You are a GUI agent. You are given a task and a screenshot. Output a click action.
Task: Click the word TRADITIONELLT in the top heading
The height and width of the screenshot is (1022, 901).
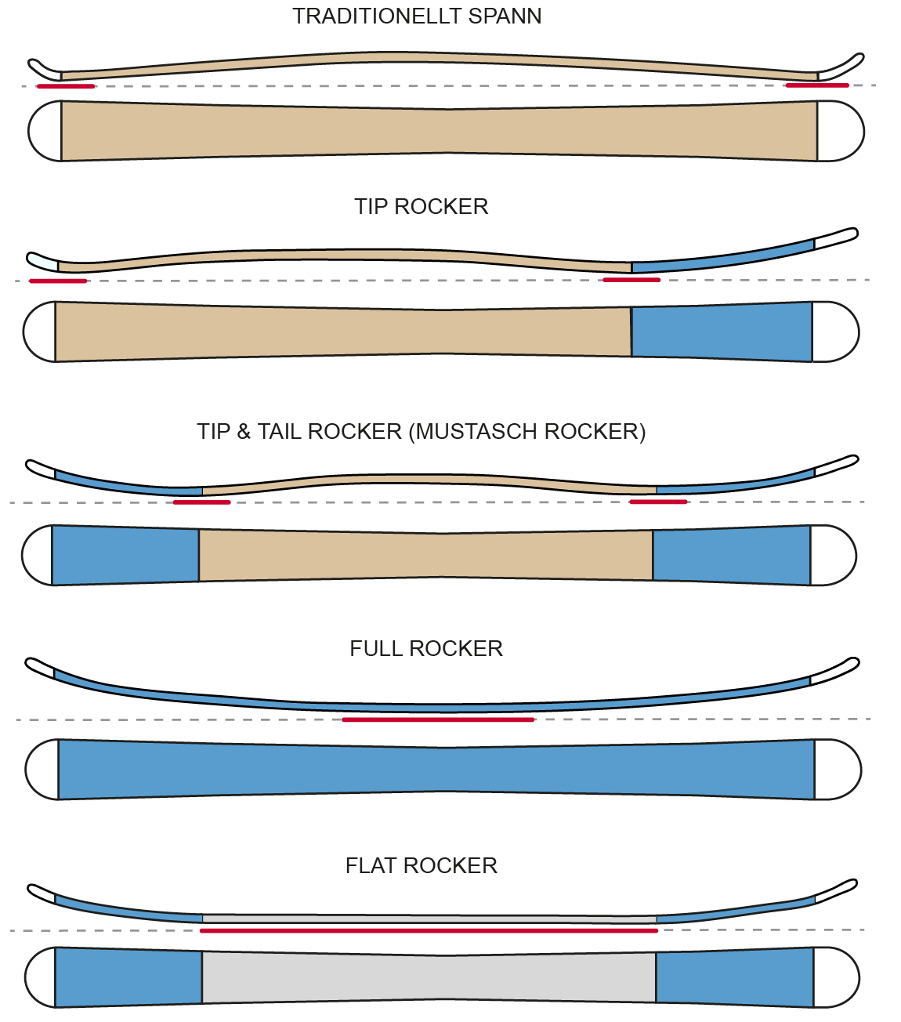point(377,16)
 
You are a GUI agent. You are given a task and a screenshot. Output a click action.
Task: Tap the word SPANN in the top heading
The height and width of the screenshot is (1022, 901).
point(505,16)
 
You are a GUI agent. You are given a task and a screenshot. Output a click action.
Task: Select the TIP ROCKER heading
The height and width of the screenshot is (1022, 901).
point(421,207)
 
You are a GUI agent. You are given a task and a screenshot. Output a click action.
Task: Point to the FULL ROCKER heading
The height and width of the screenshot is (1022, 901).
point(426,649)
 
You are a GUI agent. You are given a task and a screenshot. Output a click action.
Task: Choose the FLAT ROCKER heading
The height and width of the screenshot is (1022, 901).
point(421,865)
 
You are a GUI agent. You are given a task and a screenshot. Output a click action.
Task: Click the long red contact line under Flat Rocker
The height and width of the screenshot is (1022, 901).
point(429,931)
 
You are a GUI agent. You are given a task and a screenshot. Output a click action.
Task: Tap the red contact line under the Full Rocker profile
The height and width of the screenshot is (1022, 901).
point(438,719)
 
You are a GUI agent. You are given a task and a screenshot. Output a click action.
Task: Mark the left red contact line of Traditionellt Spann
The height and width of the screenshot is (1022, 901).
point(66,86)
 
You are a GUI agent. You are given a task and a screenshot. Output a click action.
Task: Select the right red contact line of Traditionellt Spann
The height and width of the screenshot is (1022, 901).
point(817,85)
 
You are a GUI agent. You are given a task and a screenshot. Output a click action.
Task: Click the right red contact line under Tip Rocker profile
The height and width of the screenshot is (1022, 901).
point(631,280)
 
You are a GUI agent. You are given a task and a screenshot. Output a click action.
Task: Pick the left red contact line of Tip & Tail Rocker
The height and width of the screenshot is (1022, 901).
point(201,502)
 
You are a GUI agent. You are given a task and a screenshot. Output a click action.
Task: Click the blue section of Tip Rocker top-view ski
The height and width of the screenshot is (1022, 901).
point(722,332)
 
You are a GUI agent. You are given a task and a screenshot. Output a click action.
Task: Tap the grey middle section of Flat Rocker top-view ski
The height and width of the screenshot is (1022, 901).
point(429,977)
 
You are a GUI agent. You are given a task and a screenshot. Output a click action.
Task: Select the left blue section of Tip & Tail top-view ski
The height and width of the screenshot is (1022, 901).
point(125,556)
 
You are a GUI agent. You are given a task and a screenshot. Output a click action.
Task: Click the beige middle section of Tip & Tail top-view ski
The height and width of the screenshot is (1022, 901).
point(426,555)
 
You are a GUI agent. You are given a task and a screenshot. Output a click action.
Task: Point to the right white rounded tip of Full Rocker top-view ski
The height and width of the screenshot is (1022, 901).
point(838,770)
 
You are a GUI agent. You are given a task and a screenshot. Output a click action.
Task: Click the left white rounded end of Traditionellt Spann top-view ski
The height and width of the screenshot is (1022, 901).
point(45,131)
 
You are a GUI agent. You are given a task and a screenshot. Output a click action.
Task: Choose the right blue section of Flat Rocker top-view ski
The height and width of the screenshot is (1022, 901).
point(735,977)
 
